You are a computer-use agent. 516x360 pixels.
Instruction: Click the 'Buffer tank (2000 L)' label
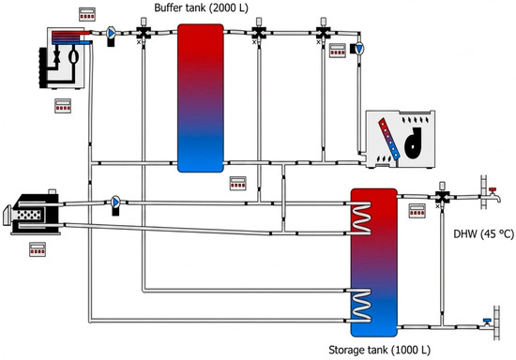(x=201, y=7)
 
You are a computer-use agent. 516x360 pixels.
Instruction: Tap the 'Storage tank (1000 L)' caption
(x=379, y=350)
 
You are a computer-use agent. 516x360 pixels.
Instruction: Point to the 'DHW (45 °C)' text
(x=483, y=234)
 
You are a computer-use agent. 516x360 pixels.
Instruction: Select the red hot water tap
(x=493, y=194)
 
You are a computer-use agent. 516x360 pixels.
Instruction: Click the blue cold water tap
(x=486, y=323)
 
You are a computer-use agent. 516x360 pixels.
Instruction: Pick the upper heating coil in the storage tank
(x=361, y=218)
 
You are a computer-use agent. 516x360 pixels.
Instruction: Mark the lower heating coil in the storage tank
(x=361, y=306)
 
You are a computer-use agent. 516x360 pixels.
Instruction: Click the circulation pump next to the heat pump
(x=111, y=36)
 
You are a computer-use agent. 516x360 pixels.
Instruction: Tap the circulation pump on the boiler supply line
(x=115, y=205)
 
